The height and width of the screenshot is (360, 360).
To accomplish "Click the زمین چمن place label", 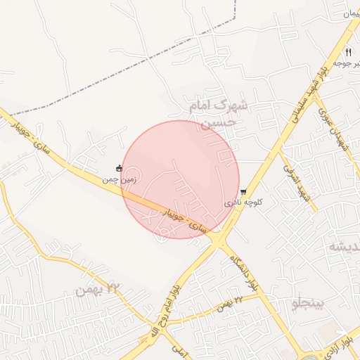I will (120, 180).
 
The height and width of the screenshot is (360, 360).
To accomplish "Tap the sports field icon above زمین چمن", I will (119, 168).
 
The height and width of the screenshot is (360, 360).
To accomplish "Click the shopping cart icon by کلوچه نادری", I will (243, 192).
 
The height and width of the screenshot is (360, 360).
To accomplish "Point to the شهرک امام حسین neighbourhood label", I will (219, 113).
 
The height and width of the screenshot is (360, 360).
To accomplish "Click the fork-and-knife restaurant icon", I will (348, 52).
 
